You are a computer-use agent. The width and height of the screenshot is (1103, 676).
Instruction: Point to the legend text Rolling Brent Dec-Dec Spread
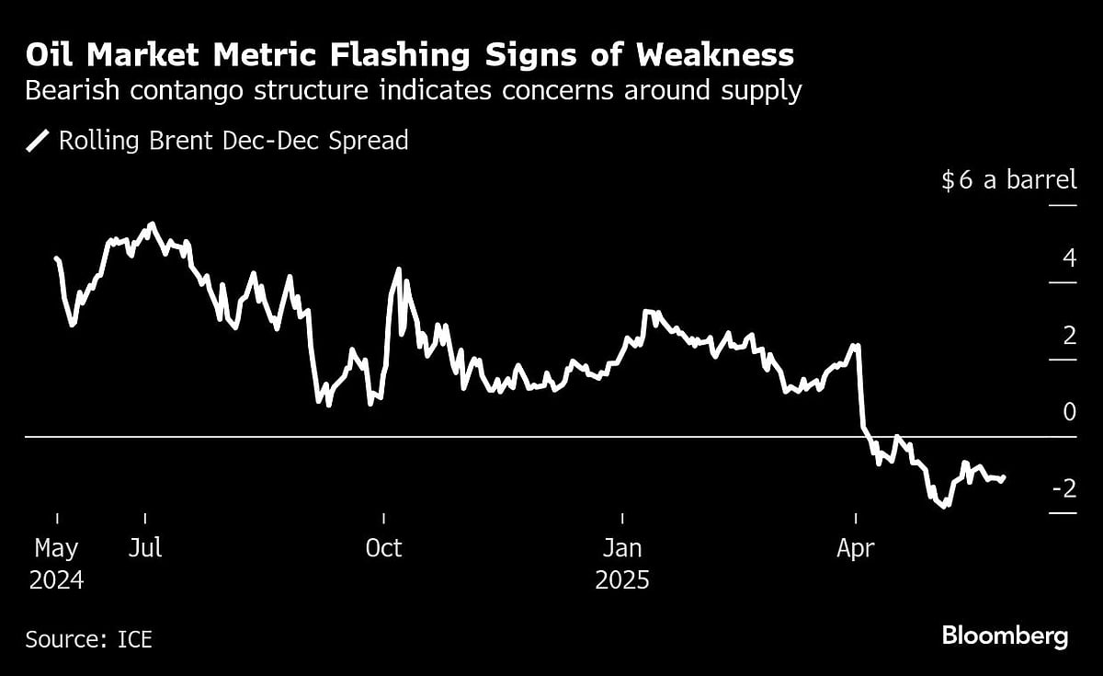click(x=233, y=141)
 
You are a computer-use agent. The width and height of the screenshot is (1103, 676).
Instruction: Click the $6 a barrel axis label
click(x=1008, y=180)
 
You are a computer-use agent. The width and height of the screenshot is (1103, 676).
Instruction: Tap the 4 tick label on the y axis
click(x=1069, y=257)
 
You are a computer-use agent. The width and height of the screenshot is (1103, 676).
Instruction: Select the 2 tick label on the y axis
click(x=1069, y=335)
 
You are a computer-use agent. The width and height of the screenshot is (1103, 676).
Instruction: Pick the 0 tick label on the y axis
click(x=1069, y=411)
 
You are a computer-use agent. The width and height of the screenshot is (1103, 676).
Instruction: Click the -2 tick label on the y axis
click(x=1063, y=488)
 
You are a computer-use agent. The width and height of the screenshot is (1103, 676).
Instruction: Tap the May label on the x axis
click(x=57, y=548)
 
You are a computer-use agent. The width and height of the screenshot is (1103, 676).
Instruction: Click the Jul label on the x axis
click(x=145, y=548)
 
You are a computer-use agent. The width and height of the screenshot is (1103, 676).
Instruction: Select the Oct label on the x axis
click(x=383, y=548)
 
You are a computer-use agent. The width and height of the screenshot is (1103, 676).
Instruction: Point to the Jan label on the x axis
click(x=622, y=548)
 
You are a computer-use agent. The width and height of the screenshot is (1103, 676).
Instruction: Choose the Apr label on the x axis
click(x=856, y=548)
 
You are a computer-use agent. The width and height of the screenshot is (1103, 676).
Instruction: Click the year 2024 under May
click(x=57, y=581)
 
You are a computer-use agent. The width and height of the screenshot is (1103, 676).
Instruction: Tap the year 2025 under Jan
click(x=622, y=581)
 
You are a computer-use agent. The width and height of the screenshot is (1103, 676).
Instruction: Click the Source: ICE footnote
click(x=88, y=639)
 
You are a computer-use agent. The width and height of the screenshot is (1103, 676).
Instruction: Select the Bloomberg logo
click(x=1005, y=636)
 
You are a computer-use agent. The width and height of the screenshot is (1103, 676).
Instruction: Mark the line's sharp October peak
click(x=398, y=269)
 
